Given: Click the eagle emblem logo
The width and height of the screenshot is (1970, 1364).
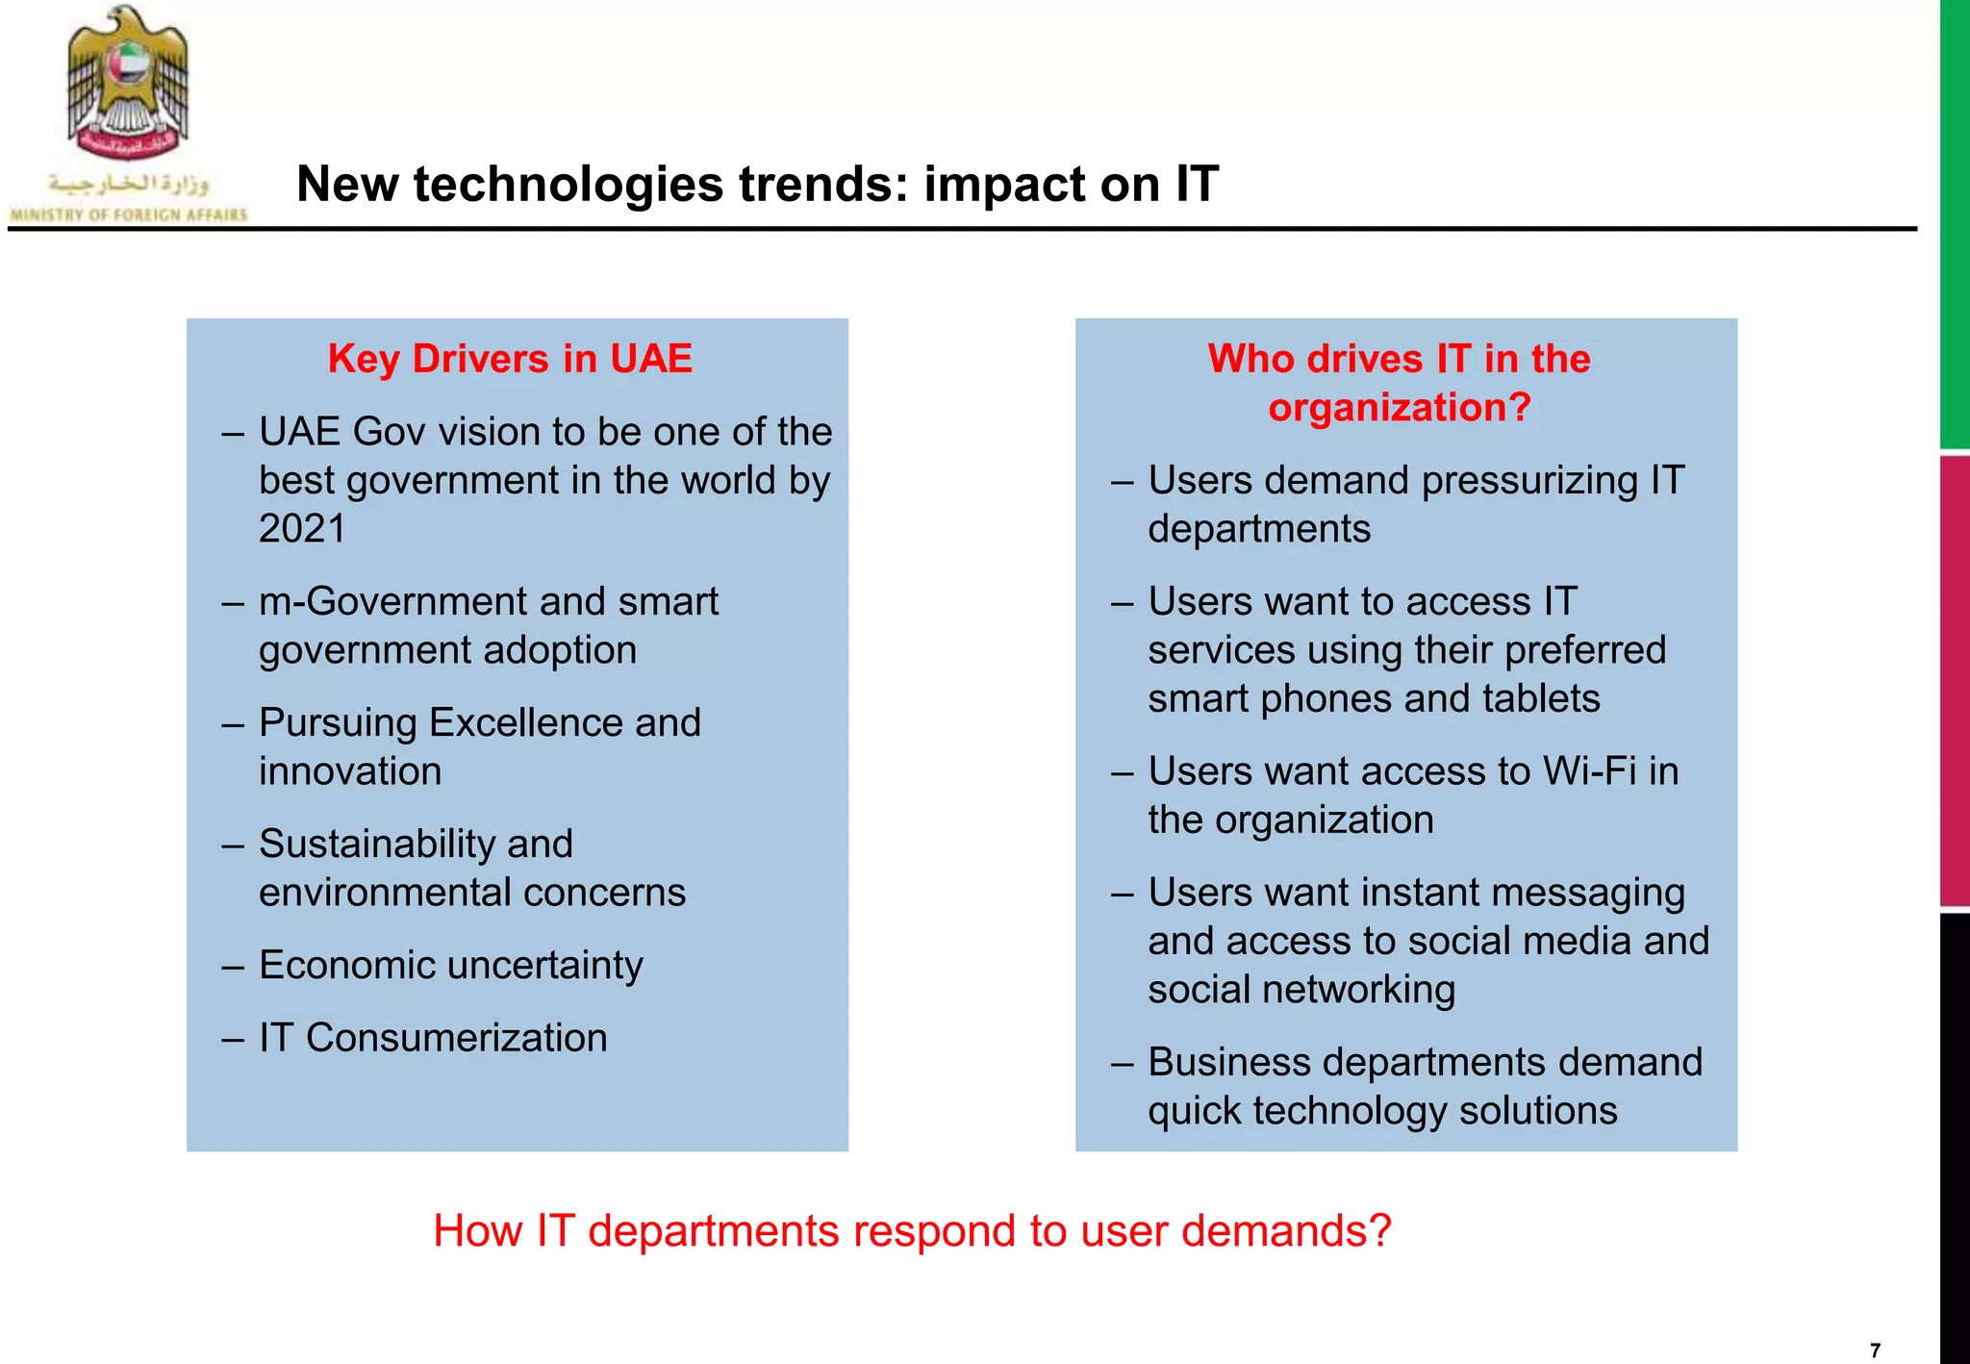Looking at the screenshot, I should [x=128, y=85].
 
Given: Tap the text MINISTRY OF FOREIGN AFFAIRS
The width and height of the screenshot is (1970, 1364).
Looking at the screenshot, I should [x=128, y=215].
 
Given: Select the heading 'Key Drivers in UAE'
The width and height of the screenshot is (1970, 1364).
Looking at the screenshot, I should [x=510, y=359].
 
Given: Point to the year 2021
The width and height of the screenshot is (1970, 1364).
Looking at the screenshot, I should [x=302, y=529].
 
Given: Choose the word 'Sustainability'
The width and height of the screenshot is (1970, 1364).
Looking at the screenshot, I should [x=416, y=845].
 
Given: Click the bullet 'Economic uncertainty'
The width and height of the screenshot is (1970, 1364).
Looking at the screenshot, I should [x=450, y=966].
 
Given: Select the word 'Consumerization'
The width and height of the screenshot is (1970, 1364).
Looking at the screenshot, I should [x=456, y=1039].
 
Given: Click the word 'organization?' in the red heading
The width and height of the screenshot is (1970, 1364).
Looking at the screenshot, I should [x=1399, y=408].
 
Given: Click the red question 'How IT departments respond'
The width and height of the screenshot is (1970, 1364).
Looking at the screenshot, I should [x=912, y=1231].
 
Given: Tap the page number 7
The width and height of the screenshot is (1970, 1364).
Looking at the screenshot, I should [x=1875, y=1351].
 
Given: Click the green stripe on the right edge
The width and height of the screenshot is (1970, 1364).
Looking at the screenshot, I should [x=1955, y=221].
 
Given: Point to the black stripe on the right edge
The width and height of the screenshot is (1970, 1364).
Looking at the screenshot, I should [x=1955, y=1135].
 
